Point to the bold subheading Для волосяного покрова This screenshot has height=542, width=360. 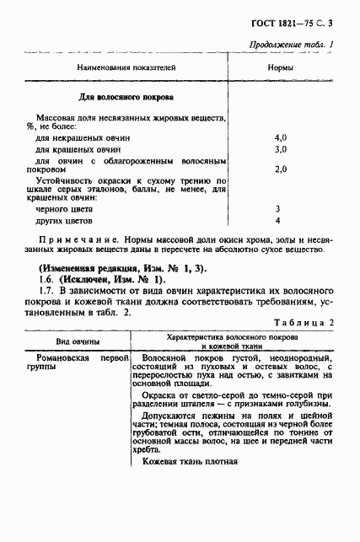tap(126, 97)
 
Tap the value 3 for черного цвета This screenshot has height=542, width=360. tap(277, 208)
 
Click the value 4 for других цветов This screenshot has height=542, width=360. tap(277, 220)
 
